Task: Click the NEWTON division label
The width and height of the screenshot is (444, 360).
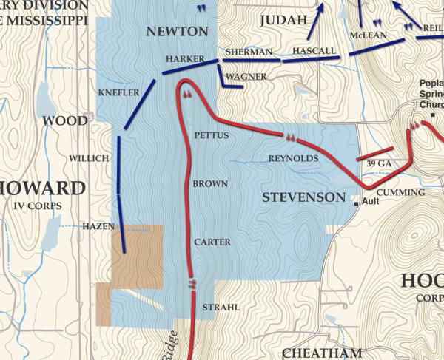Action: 177,31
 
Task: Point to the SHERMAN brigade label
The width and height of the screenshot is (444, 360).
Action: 248,52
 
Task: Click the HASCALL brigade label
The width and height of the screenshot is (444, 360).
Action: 314,51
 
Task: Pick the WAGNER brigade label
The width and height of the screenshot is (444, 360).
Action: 246,76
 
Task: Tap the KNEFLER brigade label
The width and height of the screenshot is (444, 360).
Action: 118,92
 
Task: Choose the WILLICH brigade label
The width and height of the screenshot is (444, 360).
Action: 89,158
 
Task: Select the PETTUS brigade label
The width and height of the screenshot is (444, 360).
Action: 211,136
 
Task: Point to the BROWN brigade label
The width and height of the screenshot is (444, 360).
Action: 210,183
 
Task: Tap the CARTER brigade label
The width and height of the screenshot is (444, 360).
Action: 212,242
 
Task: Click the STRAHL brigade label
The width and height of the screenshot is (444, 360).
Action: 216,307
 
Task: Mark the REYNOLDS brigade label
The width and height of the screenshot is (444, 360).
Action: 293,159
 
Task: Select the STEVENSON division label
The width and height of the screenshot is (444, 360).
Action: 304,197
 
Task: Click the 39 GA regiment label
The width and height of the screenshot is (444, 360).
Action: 378,163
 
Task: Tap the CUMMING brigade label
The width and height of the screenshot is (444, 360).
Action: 406,193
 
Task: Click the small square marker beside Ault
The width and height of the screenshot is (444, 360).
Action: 356,203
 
